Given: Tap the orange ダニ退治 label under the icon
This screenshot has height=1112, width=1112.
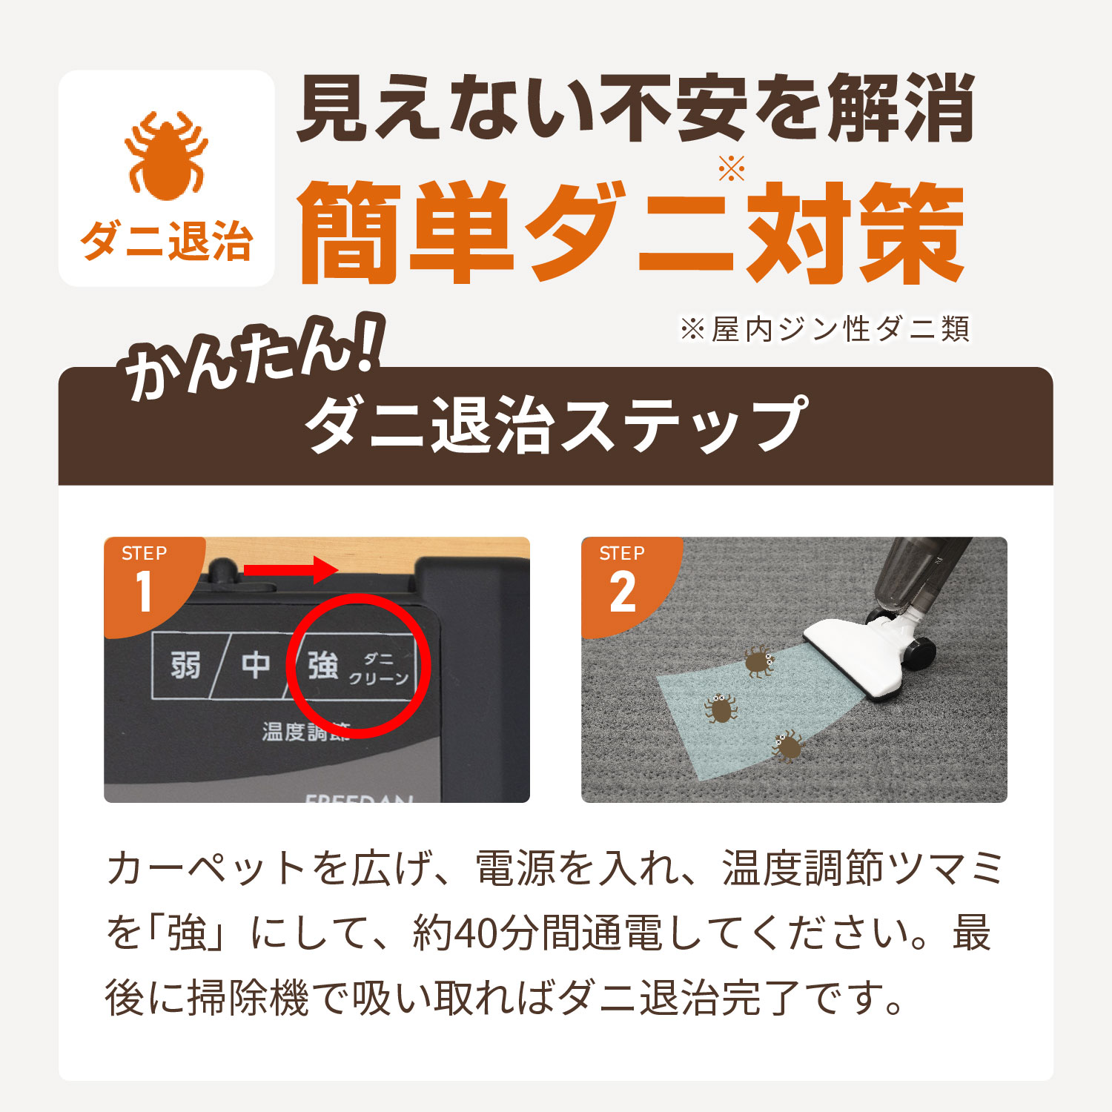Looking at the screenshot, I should click(x=166, y=242).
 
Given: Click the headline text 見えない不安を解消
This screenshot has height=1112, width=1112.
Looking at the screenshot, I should click(x=635, y=109).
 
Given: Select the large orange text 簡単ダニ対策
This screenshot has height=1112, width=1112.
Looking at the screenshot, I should click(x=631, y=233).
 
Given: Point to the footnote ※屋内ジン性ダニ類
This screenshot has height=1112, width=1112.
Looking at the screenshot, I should click(x=824, y=328).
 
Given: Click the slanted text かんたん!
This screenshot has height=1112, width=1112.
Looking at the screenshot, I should click(x=252, y=357).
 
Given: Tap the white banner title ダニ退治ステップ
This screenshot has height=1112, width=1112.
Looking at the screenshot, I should click(x=555, y=424).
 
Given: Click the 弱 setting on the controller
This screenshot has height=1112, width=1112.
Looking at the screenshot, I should click(x=185, y=665).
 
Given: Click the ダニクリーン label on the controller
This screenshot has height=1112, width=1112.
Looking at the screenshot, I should click(x=378, y=669).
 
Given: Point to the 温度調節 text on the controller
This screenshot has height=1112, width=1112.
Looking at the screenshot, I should click(x=305, y=732).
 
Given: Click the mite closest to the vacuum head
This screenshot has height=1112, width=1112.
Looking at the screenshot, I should click(x=758, y=661).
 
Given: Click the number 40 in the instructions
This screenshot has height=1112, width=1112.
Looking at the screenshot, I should click(x=474, y=933).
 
